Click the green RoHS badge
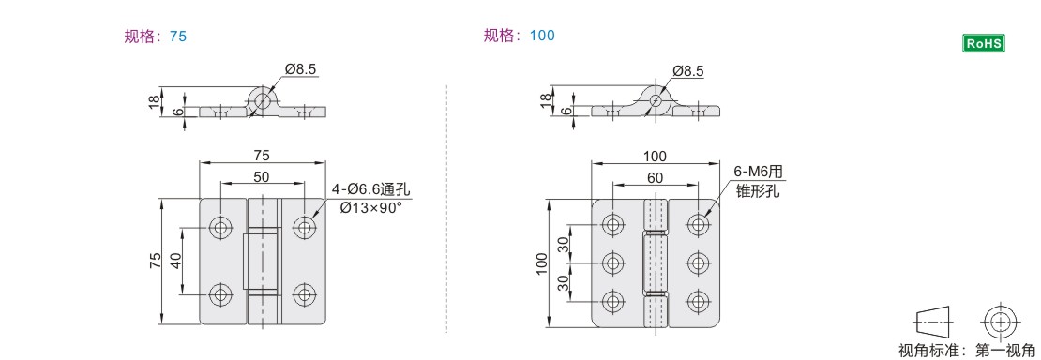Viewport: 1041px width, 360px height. (x=984, y=43)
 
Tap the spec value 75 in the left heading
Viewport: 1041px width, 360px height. (x=178, y=37)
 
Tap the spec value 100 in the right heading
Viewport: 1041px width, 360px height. (x=542, y=36)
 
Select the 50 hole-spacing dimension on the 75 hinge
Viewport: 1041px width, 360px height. (x=262, y=177)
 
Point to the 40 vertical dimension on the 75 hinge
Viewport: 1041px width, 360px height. (x=176, y=261)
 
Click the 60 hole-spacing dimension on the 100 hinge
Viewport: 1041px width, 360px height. (x=655, y=178)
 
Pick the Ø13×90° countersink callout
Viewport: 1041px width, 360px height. (x=371, y=207)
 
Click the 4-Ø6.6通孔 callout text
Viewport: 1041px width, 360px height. (x=371, y=191)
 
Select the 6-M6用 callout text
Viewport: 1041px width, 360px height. (x=759, y=172)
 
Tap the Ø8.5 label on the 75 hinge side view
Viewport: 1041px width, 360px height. (x=300, y=68)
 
